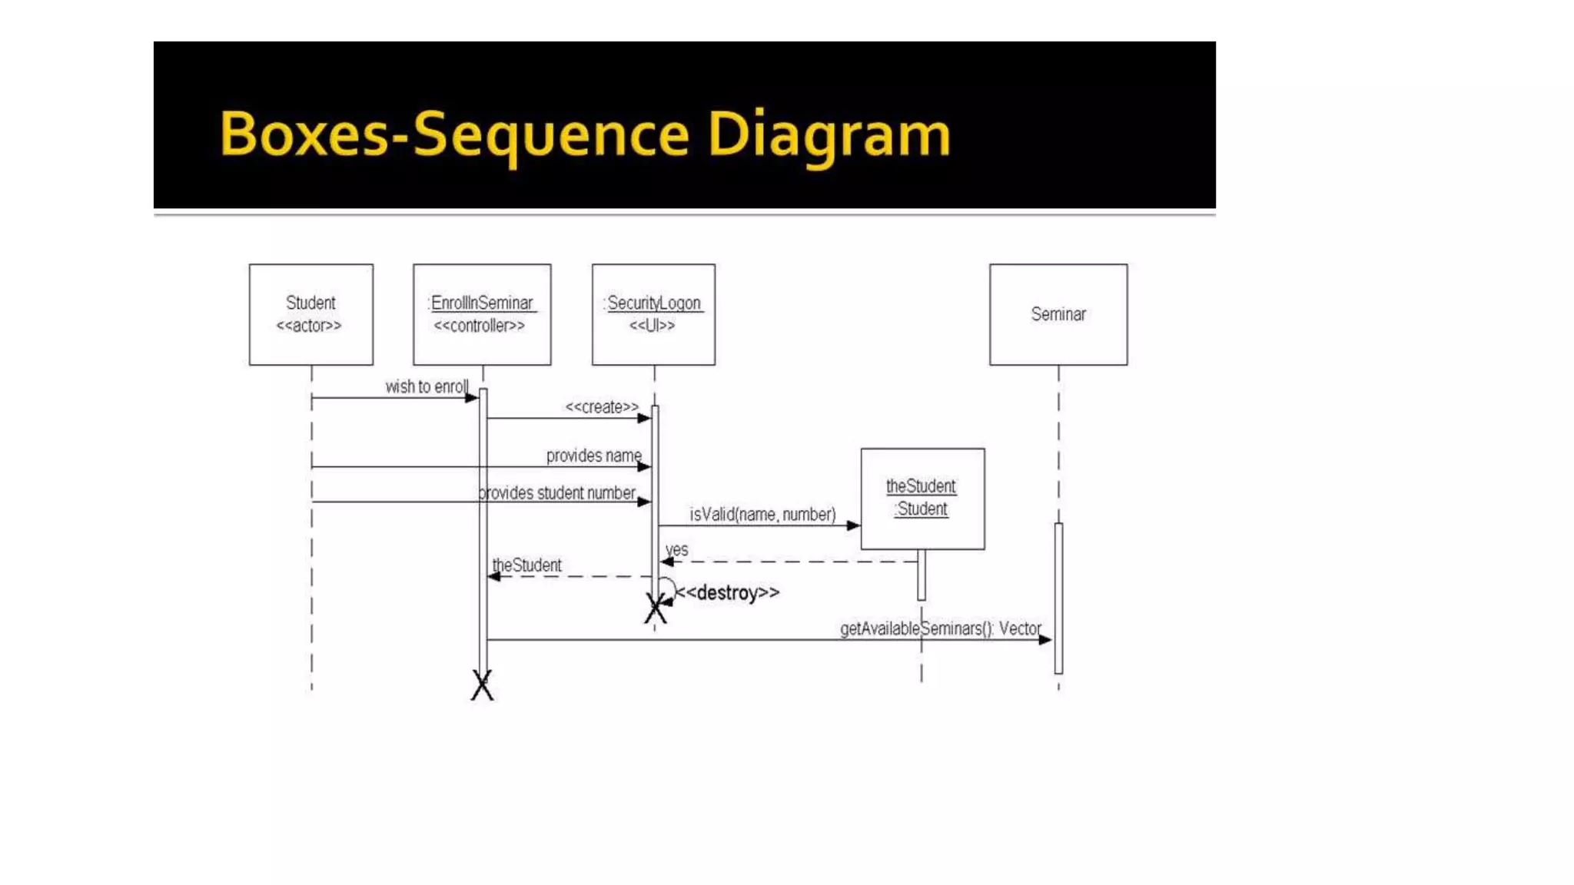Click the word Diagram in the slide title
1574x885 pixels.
pos(829,135)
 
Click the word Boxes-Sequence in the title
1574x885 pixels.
pos(454,134)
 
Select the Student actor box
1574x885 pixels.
pos(310,314)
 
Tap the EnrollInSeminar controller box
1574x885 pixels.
pos(482,314)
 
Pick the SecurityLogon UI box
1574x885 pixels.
pos(653,314)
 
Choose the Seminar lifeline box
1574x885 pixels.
pos(1058,314)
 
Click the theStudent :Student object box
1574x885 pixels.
pos(922,499)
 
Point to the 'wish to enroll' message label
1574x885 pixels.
pos(427,386)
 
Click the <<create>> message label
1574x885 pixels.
pos(602,407)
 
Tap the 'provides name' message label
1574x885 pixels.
pos(593,456)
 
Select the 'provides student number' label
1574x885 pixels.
pos(557,492)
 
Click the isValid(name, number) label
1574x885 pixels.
pos(762,514)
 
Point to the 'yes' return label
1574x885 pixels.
pos(676,549)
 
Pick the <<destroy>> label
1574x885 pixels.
pos(727,592)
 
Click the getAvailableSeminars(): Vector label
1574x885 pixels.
pos(941,628)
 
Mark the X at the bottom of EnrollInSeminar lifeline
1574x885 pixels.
pos(482,684)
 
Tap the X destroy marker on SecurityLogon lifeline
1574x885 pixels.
pos(656,608)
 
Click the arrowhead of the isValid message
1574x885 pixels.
pos(853,525)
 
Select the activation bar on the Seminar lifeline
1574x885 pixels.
pos(1058,598)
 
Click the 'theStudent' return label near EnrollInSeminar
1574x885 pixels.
pos(526,565)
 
